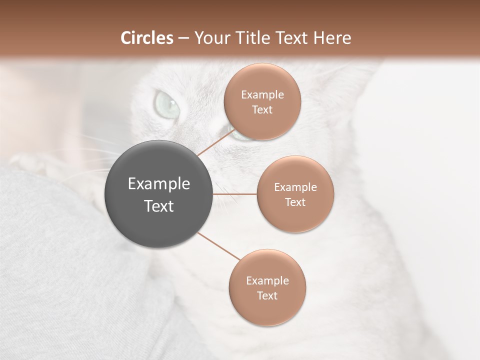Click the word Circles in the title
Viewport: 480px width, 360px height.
pos(146,38)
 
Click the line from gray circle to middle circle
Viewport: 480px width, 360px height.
pos(235,194)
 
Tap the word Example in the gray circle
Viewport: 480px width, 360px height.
pos(159,184)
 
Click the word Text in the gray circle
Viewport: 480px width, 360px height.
pos(159,206)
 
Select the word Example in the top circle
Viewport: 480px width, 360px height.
pos(262,95)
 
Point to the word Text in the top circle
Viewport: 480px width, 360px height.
pos(262,110)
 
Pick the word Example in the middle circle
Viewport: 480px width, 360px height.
pos(295,187)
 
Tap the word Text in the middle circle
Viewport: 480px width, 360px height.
pos(295,202)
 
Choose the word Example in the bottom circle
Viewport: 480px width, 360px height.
pos(267,281)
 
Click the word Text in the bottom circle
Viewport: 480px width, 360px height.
pos(267,296)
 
